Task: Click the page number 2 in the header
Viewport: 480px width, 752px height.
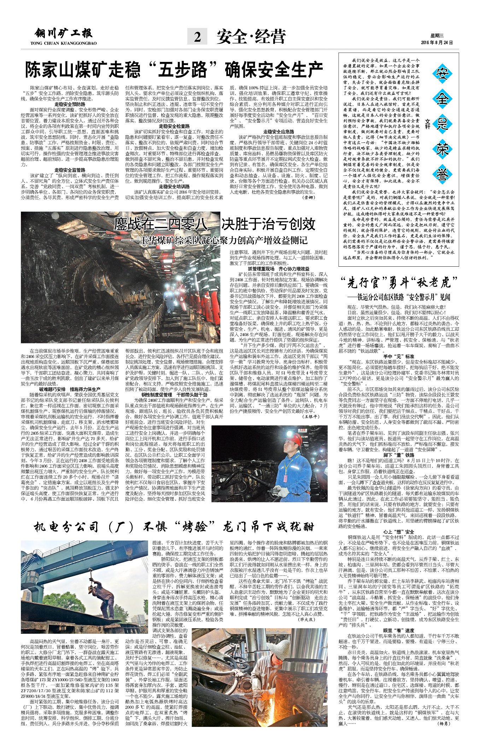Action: [x=198, y=36]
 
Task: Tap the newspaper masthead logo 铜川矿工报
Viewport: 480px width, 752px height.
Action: [x=64, y=34]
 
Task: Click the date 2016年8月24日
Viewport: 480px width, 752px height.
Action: [x=437, y=43]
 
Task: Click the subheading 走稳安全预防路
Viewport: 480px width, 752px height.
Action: [x=70, y=104]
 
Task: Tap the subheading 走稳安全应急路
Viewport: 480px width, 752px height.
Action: [x=279, y=132]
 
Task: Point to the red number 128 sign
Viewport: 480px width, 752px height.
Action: [x=303, y=430]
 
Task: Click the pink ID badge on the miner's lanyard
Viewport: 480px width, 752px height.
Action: [x=285, y=478]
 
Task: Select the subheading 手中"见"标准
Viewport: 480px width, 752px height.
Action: [x=399, y=357]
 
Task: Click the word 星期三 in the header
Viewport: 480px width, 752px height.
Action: [x=437, y=35]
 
